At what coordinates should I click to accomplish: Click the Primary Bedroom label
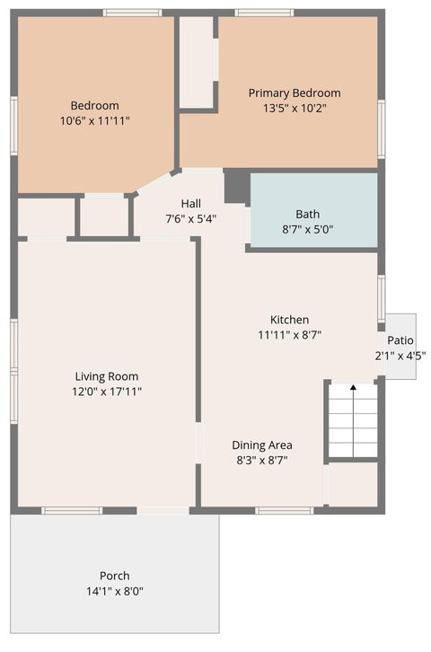(295, 93)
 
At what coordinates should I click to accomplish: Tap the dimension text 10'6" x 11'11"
(95, 119)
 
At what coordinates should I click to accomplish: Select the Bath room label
(307, 214)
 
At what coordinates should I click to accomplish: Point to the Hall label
(190, 203)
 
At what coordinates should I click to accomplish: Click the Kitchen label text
(289, 320)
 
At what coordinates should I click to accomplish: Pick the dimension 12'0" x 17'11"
(107, 391)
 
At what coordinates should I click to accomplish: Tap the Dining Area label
(261, 445)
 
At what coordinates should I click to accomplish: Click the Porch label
(114, 576)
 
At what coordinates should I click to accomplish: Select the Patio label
(400, 340)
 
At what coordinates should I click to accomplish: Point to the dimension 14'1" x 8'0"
(114, 591)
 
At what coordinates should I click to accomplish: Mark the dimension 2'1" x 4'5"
(400, 355)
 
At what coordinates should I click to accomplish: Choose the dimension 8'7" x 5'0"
(307, 229)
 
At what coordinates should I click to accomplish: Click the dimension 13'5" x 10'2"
(295, 108)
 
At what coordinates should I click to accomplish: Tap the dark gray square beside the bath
(236, 186)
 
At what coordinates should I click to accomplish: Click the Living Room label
(107, 376)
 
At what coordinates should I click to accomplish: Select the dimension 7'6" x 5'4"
(190, 218)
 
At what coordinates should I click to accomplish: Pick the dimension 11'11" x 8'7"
(289, 334)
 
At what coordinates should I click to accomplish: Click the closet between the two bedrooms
(196, 61)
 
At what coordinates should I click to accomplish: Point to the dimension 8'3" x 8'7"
(261, 460)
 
